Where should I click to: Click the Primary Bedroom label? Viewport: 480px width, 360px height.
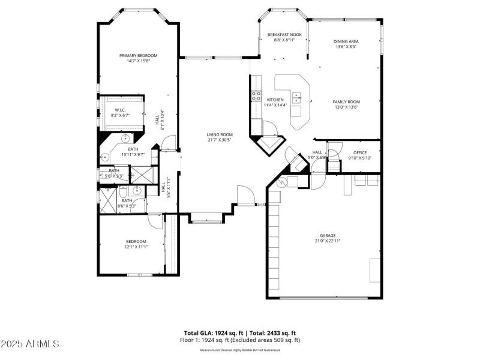coord(134,55)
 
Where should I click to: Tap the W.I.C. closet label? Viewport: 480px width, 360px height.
coord(119,110)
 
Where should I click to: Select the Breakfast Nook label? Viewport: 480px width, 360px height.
coord(284,35)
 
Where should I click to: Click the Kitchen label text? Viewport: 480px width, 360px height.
coord(275,100)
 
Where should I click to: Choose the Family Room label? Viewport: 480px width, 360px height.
coord(346,102)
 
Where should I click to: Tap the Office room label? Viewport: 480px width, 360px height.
coord(360,152)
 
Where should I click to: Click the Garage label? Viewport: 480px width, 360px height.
coord(327,235)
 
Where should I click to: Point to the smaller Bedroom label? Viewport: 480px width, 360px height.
coord(136,241)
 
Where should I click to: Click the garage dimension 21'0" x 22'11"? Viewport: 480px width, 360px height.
coord(327,241)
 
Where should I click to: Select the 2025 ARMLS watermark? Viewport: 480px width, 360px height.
coord(30,344)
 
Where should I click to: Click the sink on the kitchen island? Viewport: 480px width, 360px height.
coord(296,97)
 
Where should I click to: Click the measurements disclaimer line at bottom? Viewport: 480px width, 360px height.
coord(240,350)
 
